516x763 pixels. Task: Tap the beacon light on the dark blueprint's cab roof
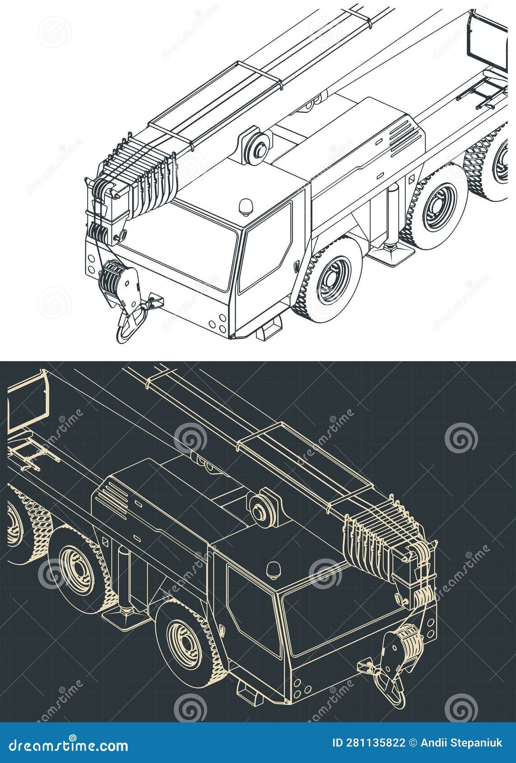[273, 570]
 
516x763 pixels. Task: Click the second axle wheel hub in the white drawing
[436, 205]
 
